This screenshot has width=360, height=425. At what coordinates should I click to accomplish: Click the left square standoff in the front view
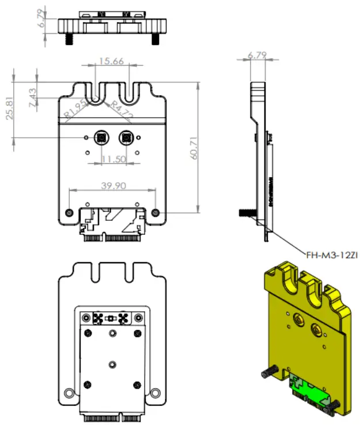click(x=100, y=137)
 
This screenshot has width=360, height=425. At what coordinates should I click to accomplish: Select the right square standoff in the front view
click(x=125, y=137)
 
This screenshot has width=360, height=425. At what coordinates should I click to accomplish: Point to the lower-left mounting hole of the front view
click(x=70, y=212)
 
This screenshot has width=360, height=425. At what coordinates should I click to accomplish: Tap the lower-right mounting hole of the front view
click(x=155, y=212)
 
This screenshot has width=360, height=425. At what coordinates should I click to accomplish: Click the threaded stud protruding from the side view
click(x=245, y=213)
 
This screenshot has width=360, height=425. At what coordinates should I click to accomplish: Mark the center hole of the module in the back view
click(x=112, y=363)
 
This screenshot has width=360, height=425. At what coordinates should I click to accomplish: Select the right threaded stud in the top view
click(x=156, y=41)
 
